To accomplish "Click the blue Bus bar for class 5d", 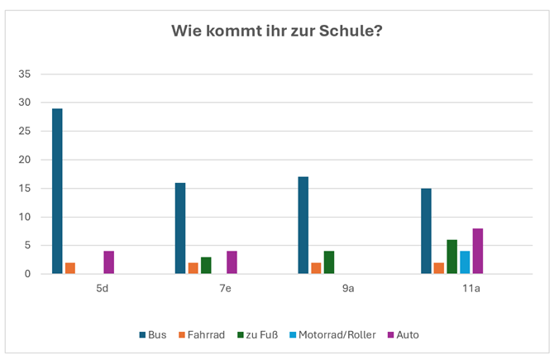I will (57, 191).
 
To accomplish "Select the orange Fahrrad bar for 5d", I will (70, 268).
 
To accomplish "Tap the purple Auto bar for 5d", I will (108, 262).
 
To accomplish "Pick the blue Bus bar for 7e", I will (180, 228).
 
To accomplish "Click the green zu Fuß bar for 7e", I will (206, 266).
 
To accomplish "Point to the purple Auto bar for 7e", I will (232, 262).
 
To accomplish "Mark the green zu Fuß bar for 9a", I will (329, 262).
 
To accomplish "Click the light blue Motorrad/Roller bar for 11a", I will (465, 262).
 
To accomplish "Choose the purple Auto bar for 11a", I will (477, 252).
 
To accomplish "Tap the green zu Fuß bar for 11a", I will (451, 257).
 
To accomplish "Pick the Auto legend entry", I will (406, 334).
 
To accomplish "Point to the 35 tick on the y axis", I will (25, 74).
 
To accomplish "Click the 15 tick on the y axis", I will (25, 189).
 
